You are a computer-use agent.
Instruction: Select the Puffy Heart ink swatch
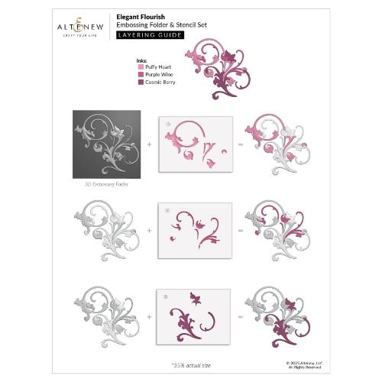139,67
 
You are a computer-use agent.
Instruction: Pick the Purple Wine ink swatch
139,74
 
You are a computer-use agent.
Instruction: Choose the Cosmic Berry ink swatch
139,82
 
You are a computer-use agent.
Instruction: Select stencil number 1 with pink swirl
193,142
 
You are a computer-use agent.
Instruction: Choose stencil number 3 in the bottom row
193,313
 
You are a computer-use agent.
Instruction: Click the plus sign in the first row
150,143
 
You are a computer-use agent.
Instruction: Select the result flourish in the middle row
279,228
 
